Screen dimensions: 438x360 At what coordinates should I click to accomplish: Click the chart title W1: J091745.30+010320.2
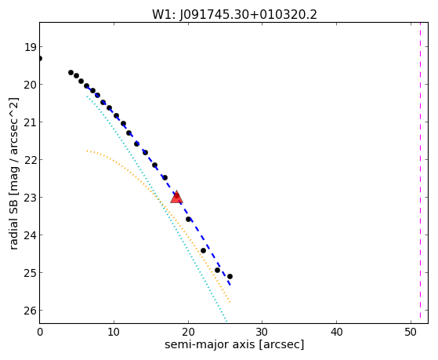pyautogui.click(x=234, y=14)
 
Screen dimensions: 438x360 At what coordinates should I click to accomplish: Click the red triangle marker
pyautogui.click(x=176, y=197)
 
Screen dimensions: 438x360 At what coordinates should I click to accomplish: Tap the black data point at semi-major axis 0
pyautogui.click(x=40, y=59)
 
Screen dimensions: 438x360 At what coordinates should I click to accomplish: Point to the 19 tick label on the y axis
pyautogui.click(x=30, y=47)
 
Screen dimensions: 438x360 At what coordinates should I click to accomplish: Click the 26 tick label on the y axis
pyautogui.click(x=30, y=311)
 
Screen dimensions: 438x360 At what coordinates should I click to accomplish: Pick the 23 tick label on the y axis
pyautogui.click(x=30, y=198)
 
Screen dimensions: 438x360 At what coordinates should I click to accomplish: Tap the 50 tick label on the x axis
pyautogui.click(x=411, y=332)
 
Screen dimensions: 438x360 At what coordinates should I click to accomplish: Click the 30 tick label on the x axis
pyautogui.click(x=262, y=332)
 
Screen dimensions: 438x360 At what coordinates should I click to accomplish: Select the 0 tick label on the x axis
pyautogui.click(x=40, y=332)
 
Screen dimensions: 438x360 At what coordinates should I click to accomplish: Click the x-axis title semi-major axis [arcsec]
pyautogui.click(x=234, y=344)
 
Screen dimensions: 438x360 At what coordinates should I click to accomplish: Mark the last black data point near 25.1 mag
pyautogui.click(x=230, y=277)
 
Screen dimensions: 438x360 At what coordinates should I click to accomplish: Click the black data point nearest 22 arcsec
pyautogui.click(x=204, y=251)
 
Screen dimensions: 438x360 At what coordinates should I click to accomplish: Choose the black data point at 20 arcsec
pyautogui.click(x=189, y=220)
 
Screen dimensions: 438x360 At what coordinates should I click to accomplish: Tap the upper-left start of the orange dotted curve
pyautogui.click(x=87, y=151)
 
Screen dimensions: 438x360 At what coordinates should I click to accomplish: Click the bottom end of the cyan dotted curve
pyautogui.click(x=226, y=322)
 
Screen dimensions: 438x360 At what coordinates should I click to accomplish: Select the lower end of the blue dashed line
pyautogui.click(x=230, y=285)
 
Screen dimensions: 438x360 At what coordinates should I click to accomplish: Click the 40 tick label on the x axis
pyautogui.click(x=336, y=332)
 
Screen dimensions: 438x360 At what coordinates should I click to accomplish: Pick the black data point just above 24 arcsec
pyautogui.click(x=217, y=271)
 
